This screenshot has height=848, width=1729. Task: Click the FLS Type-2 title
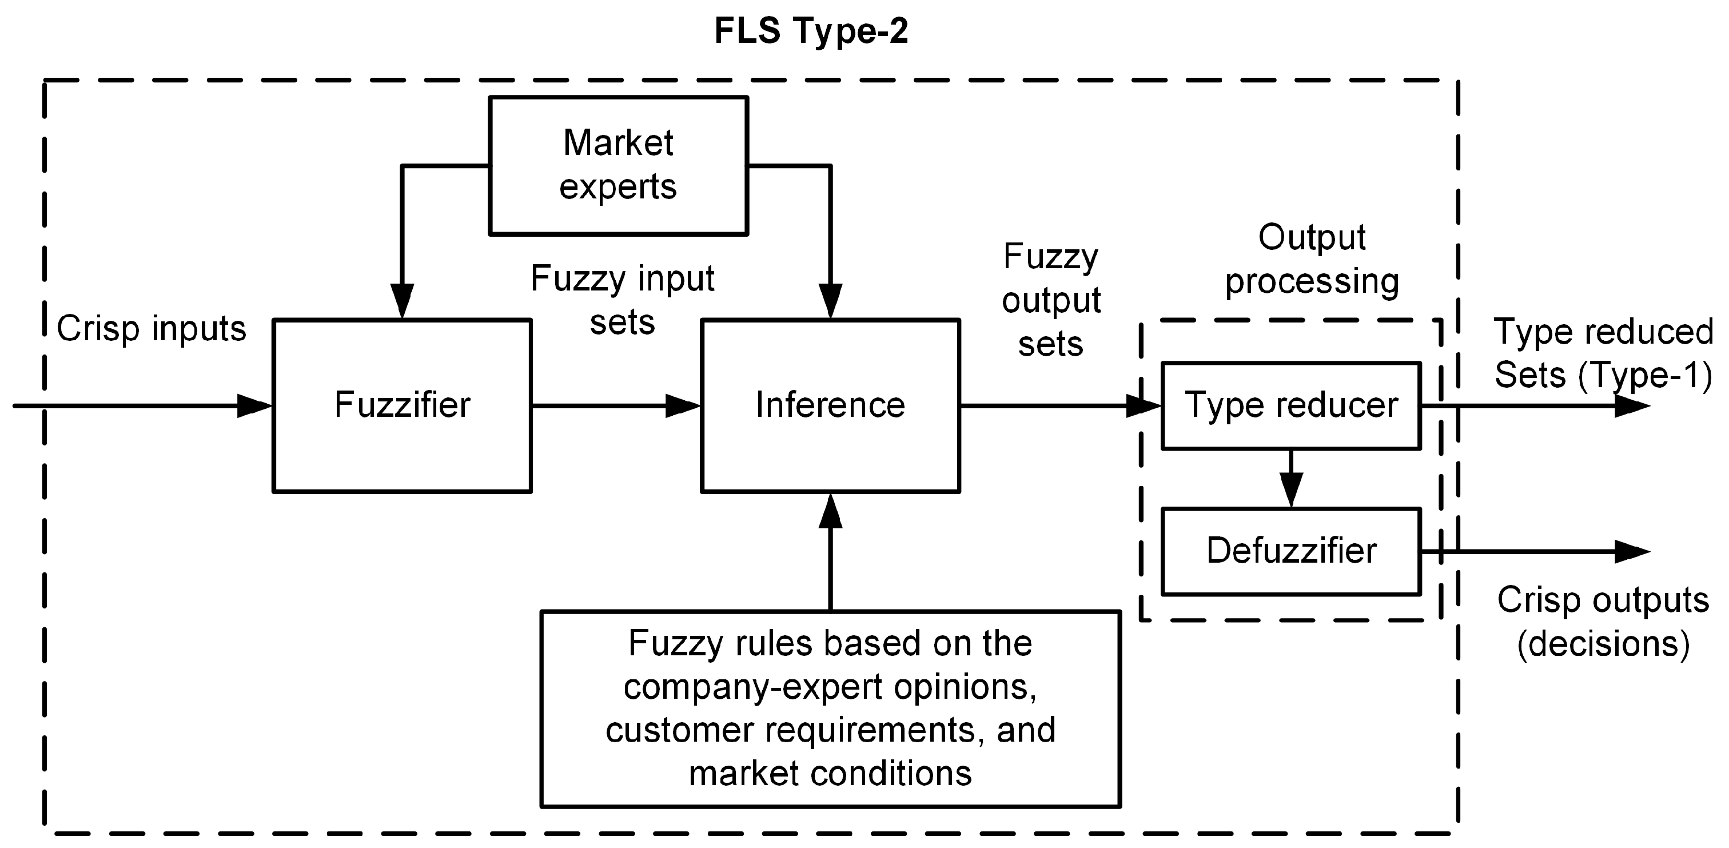click(811, 31)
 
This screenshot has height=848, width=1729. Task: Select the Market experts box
click(618, 166)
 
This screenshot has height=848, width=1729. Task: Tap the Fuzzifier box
click(402, 405)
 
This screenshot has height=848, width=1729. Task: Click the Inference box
click(830, 405)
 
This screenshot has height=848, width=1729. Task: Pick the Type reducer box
click(1292, 405)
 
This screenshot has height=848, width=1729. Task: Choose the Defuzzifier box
click(1292, 551)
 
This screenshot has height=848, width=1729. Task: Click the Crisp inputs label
click(152, 329)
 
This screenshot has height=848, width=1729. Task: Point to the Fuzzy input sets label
click(622, 300)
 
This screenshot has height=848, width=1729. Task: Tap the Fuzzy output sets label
click(1051, 300)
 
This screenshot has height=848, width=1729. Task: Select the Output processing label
click(1312, 259)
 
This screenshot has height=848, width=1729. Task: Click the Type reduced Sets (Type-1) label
click(1603, 354)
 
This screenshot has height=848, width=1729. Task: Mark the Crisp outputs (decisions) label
click(1603, 622)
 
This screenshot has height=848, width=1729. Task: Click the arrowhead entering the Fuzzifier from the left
click(255, 405)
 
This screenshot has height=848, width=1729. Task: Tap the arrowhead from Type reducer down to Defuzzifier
click(1292, 490)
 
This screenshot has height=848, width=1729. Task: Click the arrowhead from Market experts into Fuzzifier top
click(402, 301)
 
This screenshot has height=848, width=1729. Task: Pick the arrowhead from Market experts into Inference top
click(831, 301)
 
